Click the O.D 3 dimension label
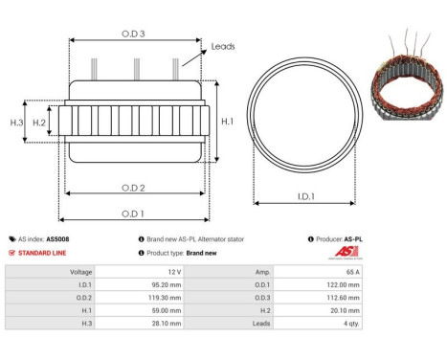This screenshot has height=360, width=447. pos(135,34)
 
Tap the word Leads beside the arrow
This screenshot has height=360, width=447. pos(223,45)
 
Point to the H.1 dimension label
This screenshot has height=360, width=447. pos(226,123)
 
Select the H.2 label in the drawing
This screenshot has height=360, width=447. pos(39,123)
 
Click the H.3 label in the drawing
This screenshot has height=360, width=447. pos(16,123)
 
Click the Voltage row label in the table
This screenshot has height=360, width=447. pos(82,272)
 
